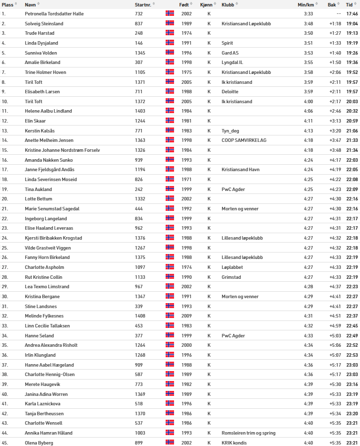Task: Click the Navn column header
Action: click(30, 4)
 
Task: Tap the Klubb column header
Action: click(228, 4)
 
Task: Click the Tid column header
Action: click(350, 4)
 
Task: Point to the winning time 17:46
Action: click(352, 14)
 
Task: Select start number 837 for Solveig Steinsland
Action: click(139, 24)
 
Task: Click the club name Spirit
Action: click(227, 43)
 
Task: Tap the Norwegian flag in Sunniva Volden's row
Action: click(170, 53)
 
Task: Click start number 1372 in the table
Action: click(140, 102)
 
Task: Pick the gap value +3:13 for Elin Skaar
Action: click(334, 121)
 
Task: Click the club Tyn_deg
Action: click(231, 131)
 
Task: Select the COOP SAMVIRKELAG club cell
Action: click(244, 140)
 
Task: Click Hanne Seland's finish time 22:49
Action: click(352, 335)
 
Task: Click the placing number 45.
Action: click(4, 442)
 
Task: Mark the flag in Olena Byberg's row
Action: click(170, 442)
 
